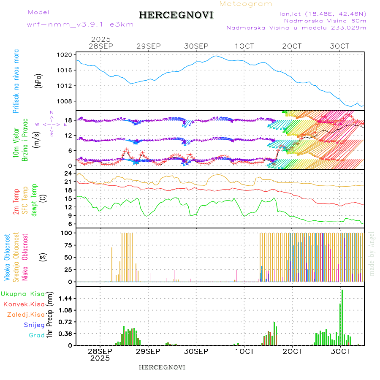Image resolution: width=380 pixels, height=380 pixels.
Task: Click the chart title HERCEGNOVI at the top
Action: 176,15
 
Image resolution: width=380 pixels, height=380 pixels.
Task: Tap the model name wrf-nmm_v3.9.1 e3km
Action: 80,24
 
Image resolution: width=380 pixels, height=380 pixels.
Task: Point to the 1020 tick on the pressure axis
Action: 65,55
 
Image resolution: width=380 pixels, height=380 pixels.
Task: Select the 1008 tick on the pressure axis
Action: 65,101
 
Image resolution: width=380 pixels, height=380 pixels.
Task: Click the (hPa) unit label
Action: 39,80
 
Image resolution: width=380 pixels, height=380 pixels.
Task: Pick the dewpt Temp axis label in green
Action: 34,199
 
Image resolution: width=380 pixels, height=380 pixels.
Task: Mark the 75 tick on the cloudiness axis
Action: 68,245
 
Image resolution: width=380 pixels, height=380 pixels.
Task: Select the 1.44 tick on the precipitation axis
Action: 65,299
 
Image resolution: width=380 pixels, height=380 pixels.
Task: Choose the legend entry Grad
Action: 36,335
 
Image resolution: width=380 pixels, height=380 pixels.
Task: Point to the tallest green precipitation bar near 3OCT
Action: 342,317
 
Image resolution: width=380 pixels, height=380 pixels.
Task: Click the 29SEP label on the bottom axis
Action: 148,351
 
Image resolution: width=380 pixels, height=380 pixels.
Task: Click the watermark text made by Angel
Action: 372,253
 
